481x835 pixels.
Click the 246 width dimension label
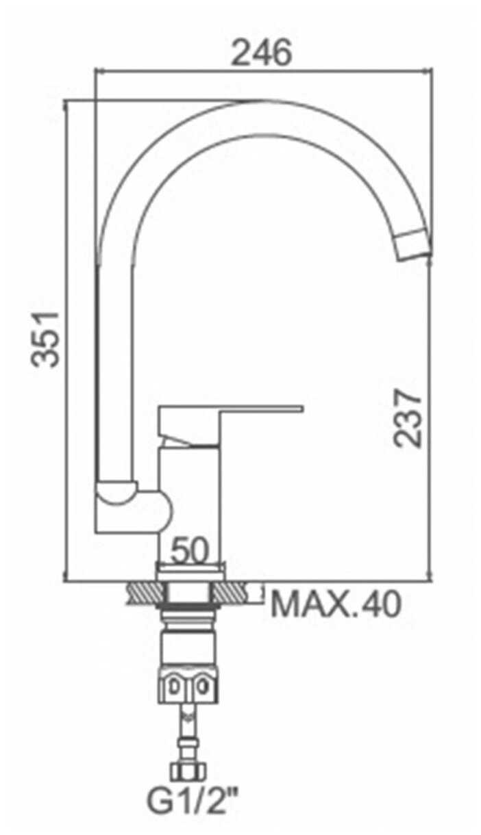click(261, 52)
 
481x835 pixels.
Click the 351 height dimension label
click(45, 339)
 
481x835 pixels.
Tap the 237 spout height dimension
click(408, 417)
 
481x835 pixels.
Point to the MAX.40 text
click(336, 604)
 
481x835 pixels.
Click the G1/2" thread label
click(193, 810)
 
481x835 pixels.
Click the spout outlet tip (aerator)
click(413, 244)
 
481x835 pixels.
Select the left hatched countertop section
click(145, 592)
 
